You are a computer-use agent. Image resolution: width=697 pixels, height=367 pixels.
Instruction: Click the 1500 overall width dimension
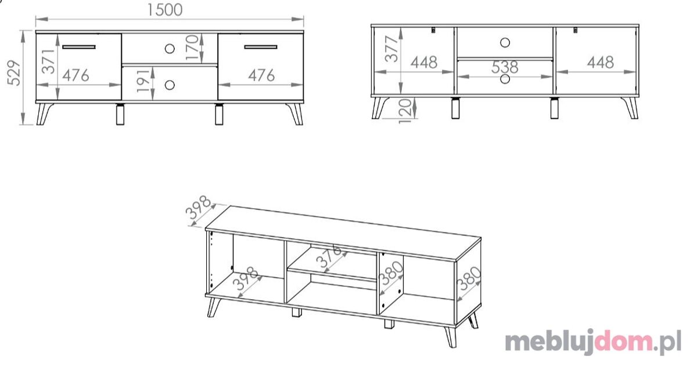164,10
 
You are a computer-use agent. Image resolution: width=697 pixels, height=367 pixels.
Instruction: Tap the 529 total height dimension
14,73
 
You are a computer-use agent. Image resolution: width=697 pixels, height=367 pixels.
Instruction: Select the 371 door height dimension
48,61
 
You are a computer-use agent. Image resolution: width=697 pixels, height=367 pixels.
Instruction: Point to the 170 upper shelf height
192,48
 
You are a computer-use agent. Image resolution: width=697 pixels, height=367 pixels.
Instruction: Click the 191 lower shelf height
143,81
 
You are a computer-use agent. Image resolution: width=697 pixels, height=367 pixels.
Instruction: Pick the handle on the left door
79,47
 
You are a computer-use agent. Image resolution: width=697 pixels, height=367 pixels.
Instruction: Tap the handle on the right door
261,47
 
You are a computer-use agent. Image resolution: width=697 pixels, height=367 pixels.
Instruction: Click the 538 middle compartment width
505,67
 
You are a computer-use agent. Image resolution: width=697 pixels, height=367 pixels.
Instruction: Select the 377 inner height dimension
391,49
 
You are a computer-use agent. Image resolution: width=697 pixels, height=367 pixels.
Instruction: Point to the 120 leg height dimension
405,111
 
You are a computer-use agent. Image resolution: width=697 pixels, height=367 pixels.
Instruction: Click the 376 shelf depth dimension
329,256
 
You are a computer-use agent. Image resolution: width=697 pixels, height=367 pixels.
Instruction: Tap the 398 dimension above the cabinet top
198,207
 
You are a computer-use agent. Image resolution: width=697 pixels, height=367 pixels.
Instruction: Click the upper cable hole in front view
170,49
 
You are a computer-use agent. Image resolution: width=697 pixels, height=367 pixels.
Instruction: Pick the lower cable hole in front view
170,85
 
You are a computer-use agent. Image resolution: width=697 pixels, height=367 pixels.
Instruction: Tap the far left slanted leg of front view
44,114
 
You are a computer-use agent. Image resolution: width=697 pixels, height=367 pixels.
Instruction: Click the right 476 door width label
261,75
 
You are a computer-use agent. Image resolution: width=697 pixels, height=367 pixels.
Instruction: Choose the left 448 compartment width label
424,63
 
